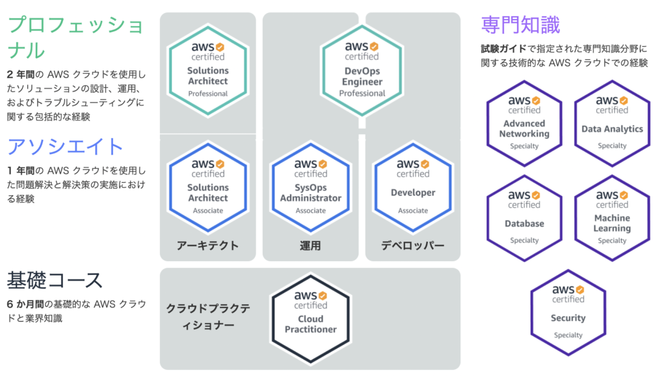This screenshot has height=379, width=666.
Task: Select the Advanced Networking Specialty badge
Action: pyautogui.click(x=524, y=123)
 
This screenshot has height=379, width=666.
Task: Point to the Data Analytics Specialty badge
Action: pyautogui.click(x=612, y=123)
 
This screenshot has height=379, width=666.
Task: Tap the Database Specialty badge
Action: pyautogui.click(x=524, y=218)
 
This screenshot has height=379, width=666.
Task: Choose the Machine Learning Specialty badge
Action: pyautogui.click(x=612, y=218)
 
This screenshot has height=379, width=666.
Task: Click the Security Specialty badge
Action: pyautogui.click(x=568, y=313)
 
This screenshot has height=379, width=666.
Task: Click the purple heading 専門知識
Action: pyautogui.click(x=520, y=25)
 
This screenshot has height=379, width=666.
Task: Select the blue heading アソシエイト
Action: pyautogui.click(x=65, y=146)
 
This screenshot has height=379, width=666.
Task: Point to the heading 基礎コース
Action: pyautogui.click(x=55, y=281)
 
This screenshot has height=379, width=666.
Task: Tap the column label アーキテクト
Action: pyautogui.click(x=207, y=246)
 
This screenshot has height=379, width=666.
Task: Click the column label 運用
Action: pyautogui.click(x=310, y=246)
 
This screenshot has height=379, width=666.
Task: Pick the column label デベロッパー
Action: pyautogui.click(x=413, y=246)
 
